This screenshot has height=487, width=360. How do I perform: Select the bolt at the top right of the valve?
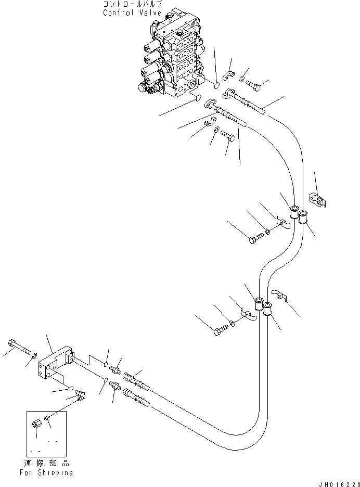pyautogui.click(x=254, y=84)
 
